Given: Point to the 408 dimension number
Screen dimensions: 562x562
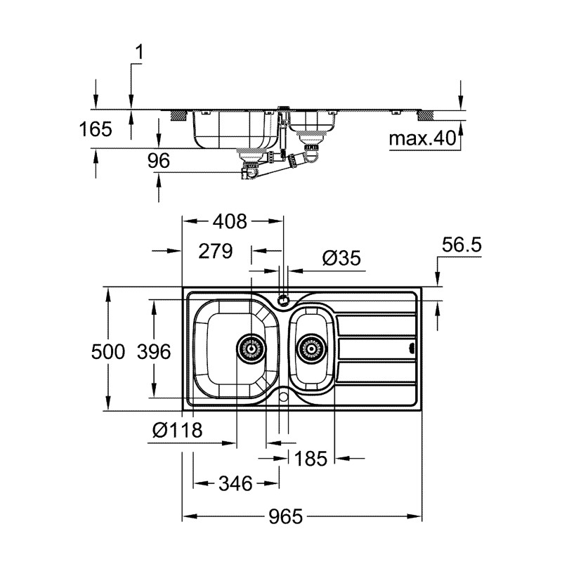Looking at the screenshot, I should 231,222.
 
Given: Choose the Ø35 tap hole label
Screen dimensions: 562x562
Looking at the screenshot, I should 341,259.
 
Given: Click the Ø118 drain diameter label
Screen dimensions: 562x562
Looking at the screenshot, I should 177,430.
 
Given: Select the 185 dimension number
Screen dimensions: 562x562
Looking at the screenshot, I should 311,459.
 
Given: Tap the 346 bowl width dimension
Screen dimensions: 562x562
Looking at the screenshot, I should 235,483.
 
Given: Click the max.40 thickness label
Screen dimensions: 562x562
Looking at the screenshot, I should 422,138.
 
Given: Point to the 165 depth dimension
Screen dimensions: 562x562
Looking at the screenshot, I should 96,129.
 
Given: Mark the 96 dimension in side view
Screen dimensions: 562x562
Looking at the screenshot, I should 159,161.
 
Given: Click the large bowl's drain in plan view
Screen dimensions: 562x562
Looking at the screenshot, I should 251,346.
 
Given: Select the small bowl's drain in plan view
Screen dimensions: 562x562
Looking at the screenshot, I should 309,346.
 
